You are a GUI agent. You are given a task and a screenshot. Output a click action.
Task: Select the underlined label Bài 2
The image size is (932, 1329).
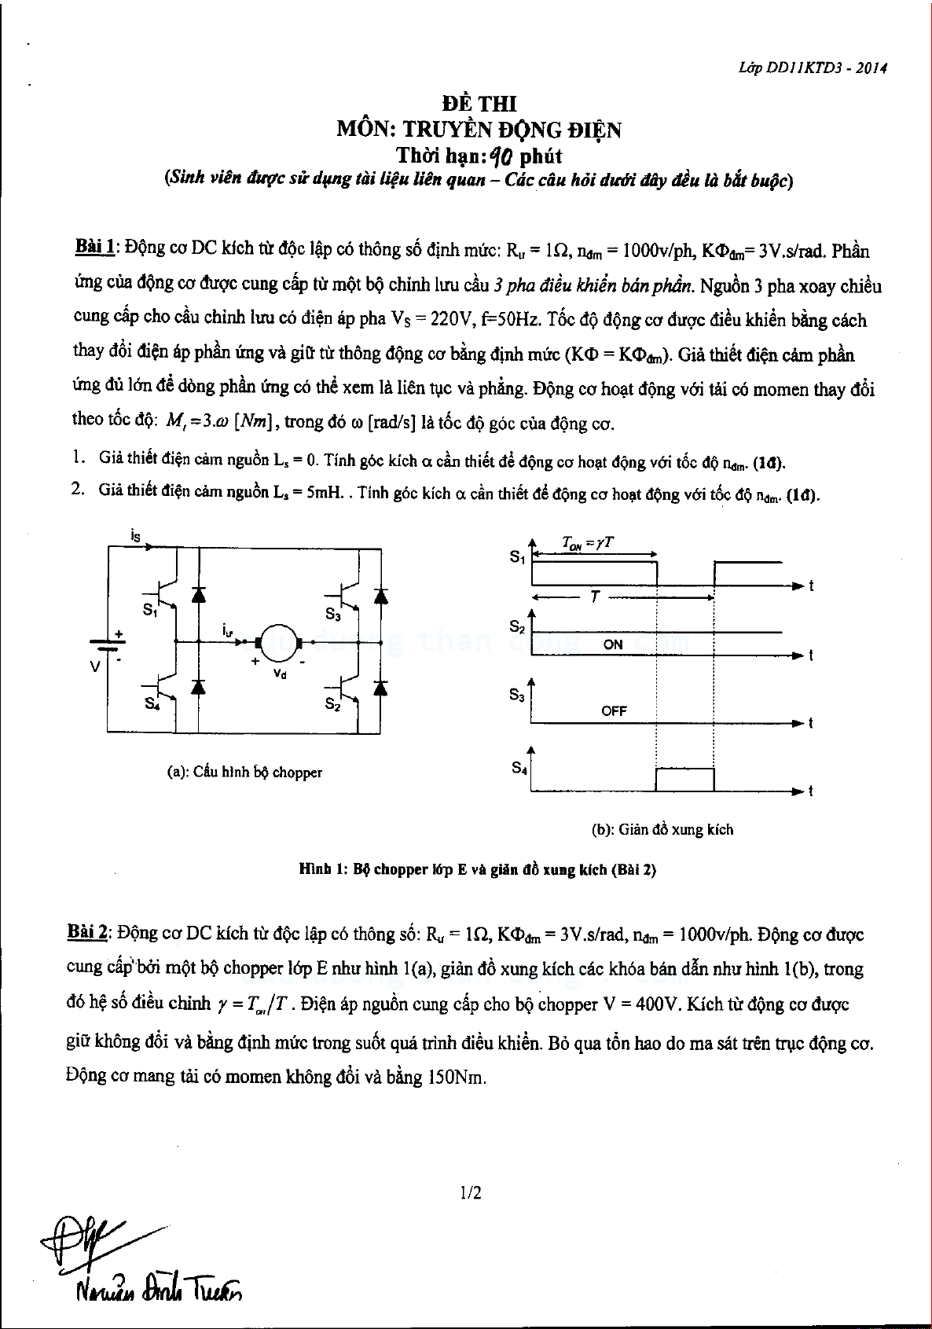pyautogui.click(x=86, y=933)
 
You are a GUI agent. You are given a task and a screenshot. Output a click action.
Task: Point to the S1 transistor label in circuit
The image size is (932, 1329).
pyautogui.click(x=150, y=611)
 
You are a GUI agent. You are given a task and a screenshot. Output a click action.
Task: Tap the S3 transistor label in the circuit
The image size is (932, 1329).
pyautogui.click(x=332, y=612)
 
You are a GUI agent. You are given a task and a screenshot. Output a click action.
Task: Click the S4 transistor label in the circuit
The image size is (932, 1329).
pyautogui.click(x=152, y=704)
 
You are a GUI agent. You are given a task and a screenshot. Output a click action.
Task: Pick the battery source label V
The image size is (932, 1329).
pyautogui.click(x=96, y=666)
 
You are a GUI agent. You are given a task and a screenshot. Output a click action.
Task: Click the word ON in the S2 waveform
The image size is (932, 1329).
pyautogui.click(x=613, y=644)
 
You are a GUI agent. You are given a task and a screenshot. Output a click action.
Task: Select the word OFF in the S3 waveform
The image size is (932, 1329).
pyautogui.click(x=614, y=711)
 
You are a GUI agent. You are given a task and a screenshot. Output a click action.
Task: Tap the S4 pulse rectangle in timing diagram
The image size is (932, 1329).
pyautogui.click(x=684, y=779)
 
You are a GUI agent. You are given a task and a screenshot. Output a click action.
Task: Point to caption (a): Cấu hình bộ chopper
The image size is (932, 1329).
pyautogui.click(x=245, y=773)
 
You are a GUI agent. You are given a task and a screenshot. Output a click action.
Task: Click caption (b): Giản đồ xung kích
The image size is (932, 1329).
pyautogui.click(x=662, y=829)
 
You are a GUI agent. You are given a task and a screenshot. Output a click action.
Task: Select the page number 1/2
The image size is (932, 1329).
pyautogui.click(x=472, y=1193)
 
